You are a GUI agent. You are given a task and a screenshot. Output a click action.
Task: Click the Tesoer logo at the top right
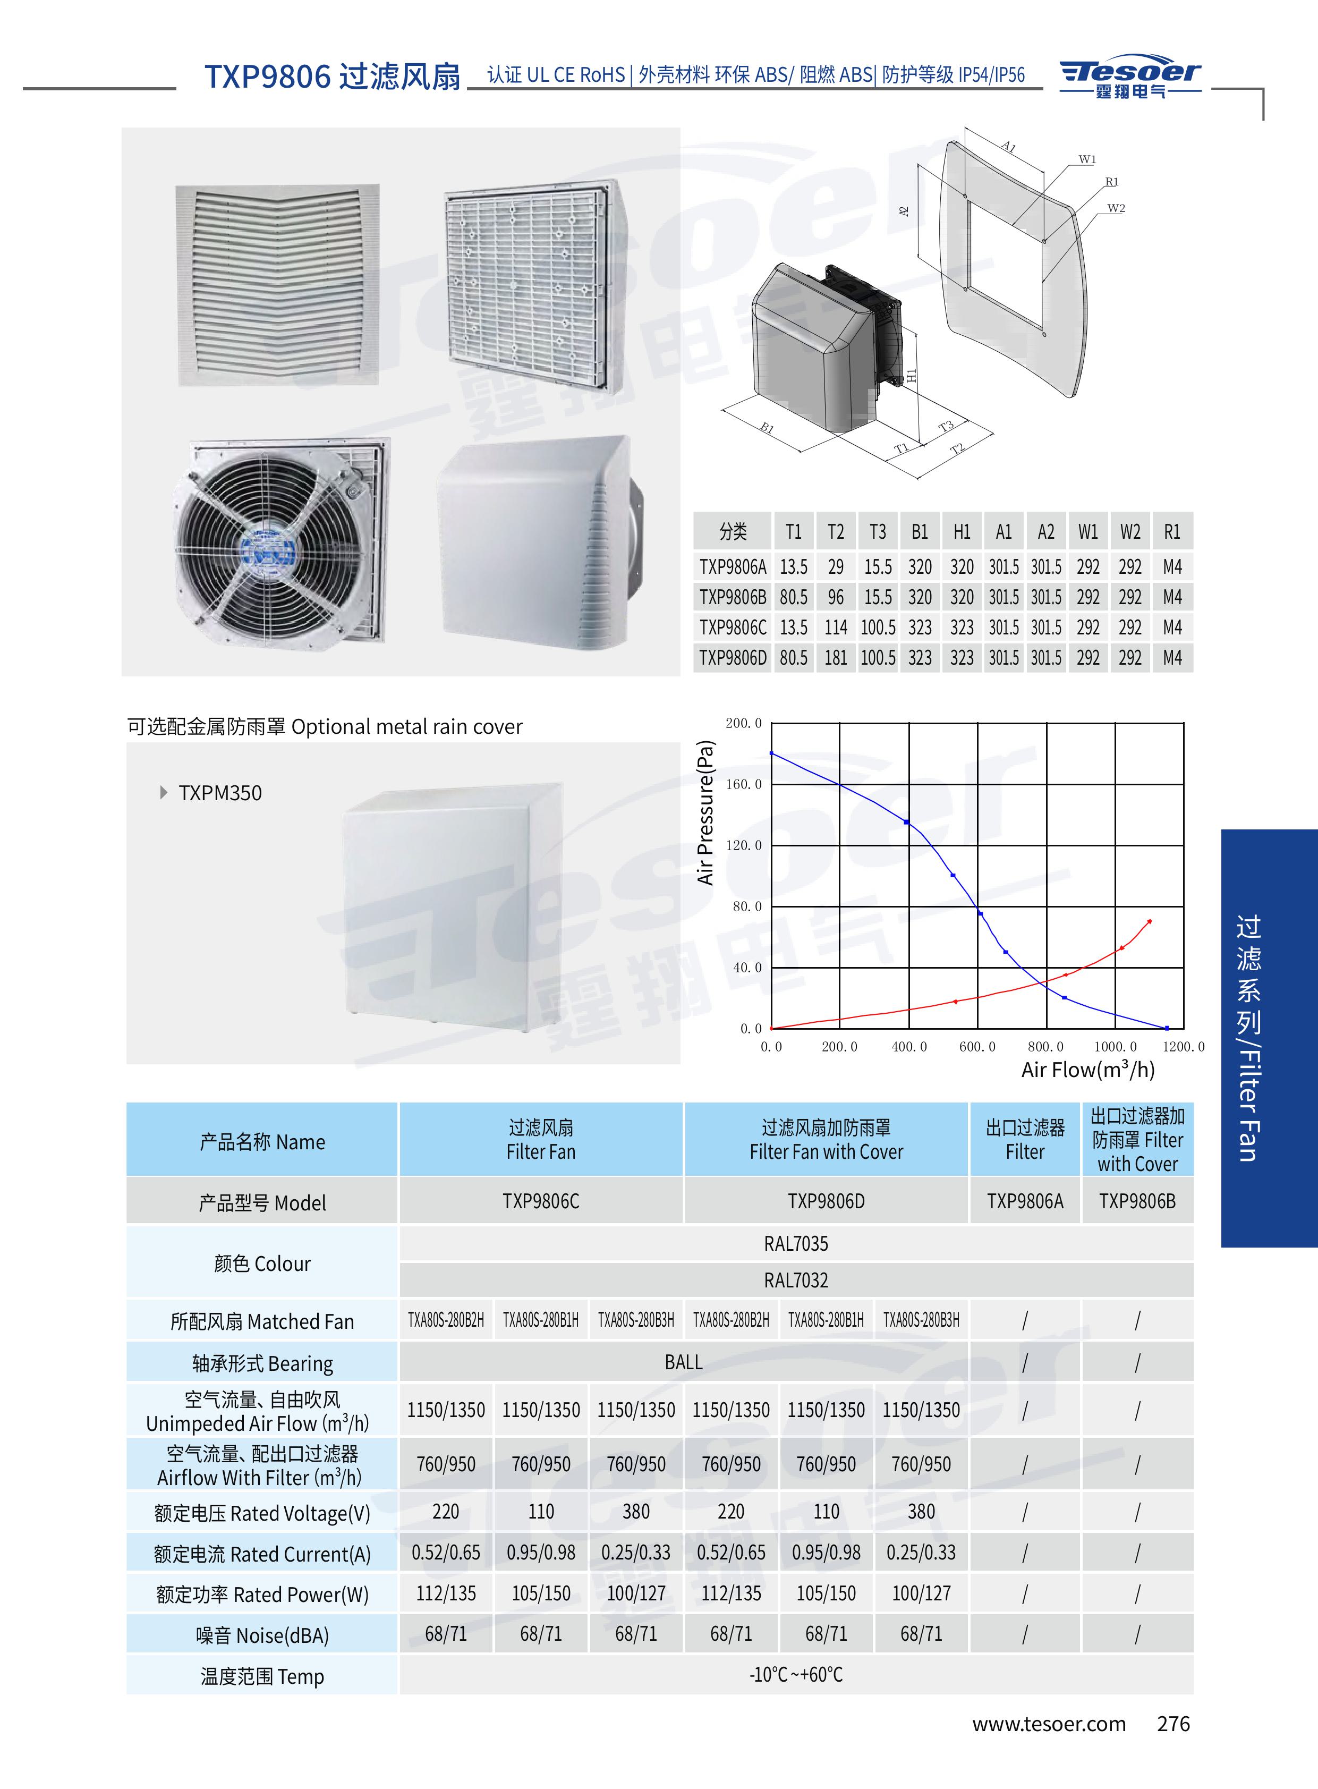tap(1130, 78)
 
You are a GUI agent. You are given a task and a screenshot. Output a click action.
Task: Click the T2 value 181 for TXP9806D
tap(835, 657)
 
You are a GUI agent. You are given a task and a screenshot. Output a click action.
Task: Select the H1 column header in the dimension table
tap(962, 531)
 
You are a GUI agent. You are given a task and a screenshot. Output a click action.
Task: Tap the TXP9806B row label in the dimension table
tap(733, 597)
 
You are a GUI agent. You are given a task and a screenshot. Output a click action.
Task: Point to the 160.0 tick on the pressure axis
tap(744, 784)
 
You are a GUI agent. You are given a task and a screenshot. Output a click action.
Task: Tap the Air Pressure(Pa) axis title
tap(705, 812)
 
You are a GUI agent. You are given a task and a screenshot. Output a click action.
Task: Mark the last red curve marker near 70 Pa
tap(1149, 922)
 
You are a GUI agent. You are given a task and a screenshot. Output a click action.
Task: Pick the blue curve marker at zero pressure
tap(1167, 1028)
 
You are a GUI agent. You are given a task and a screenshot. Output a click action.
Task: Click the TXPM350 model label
tap(219, 792)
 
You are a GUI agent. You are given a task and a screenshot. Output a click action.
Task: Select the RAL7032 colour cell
tap(795, 1280)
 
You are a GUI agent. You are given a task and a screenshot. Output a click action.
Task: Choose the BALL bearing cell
tap(683, 1362)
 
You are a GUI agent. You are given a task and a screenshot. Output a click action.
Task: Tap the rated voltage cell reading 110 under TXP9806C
tap(541, 1511)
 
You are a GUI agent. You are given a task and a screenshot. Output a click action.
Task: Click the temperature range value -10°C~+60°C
tap(795, 1674)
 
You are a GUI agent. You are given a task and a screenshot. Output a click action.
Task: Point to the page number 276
tap(1173, 1724)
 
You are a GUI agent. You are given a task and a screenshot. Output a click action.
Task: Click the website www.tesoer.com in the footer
tap(1048, 1724)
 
